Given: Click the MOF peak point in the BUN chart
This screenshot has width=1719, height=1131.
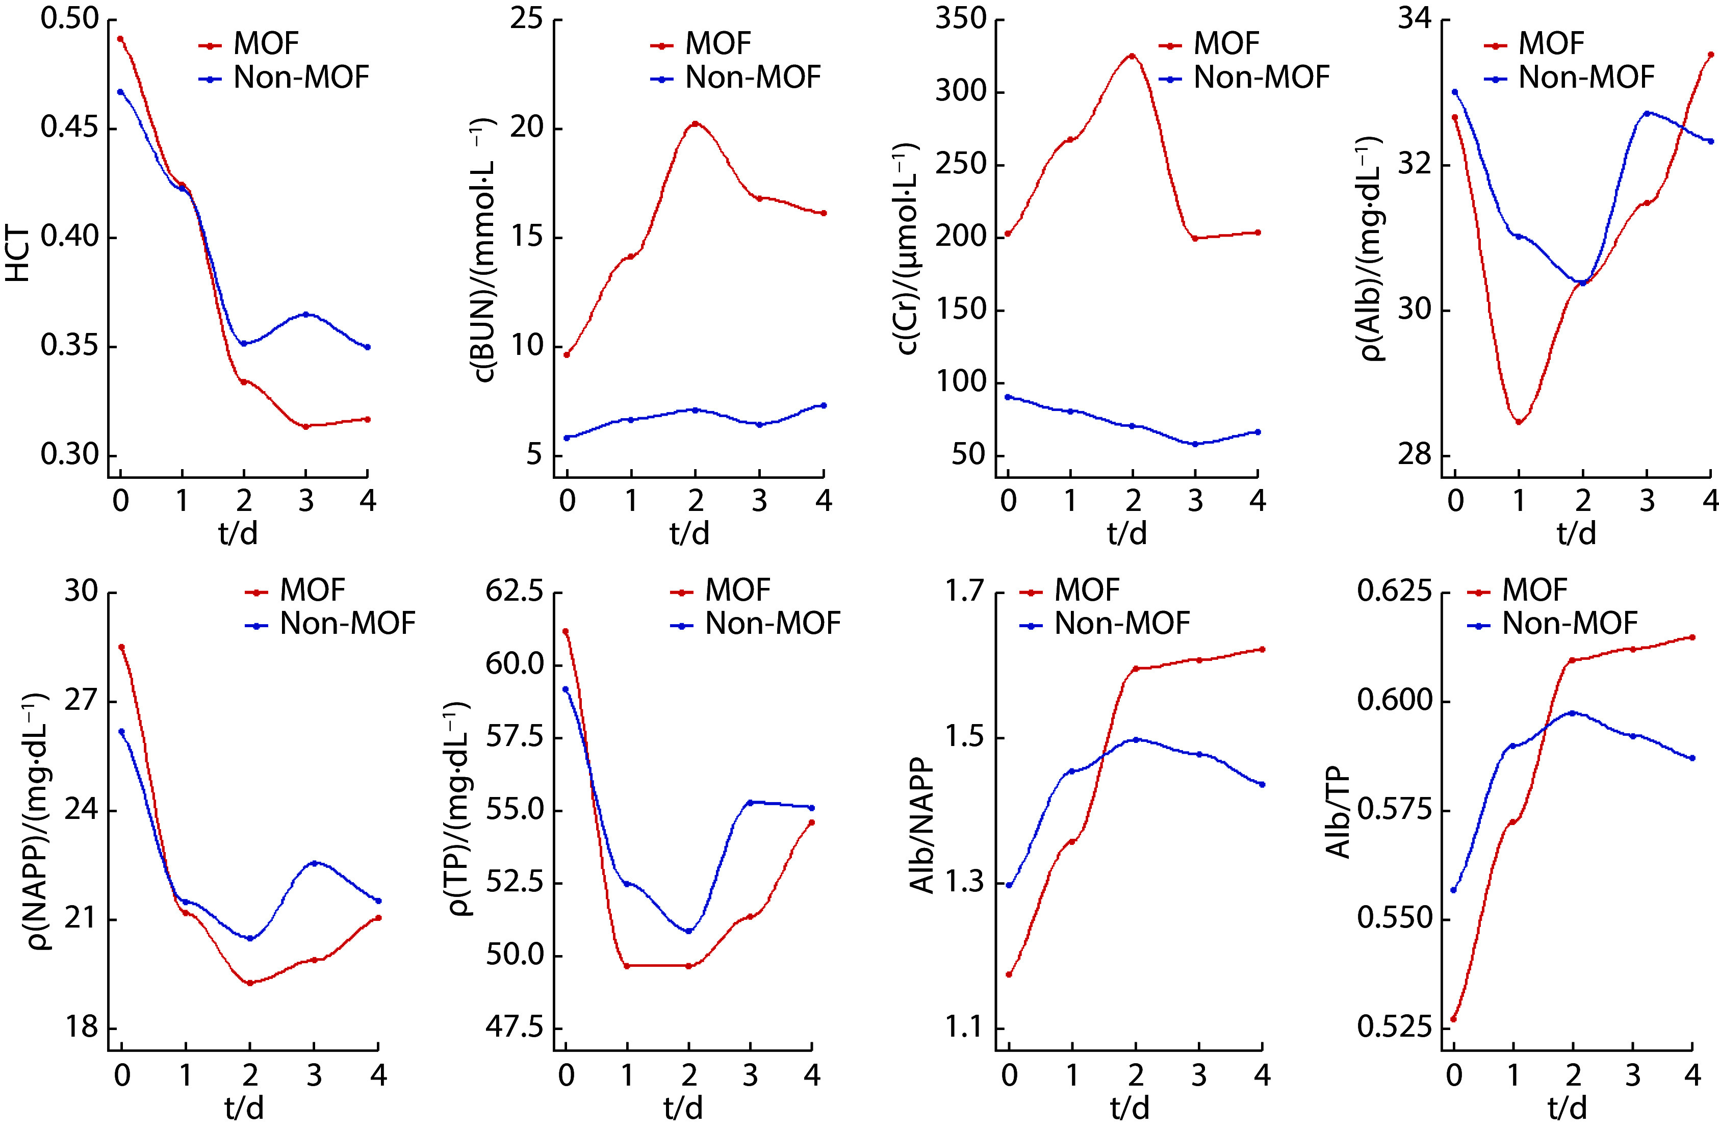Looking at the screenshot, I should tap(695, 123).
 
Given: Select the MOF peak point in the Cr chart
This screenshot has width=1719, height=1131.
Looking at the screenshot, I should tap(1133, 55).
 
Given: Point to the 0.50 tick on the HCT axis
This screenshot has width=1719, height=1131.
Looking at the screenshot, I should tap(69, 19).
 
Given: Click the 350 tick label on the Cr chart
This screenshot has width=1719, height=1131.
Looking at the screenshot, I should tap(961, 19).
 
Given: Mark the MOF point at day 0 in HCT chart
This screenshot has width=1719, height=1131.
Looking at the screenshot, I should tap(121, 39).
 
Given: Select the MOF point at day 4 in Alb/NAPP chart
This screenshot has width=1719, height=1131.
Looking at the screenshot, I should tap(1262, 649).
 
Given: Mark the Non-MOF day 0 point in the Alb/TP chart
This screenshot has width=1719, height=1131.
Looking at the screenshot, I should tap(1454, 890).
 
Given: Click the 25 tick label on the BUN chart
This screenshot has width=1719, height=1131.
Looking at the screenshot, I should tap(527, 19).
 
